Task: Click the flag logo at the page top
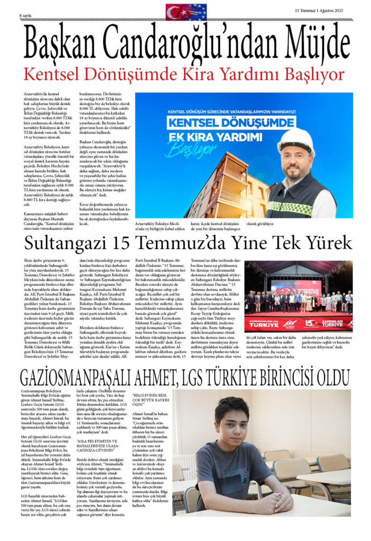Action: pos(186,12)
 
